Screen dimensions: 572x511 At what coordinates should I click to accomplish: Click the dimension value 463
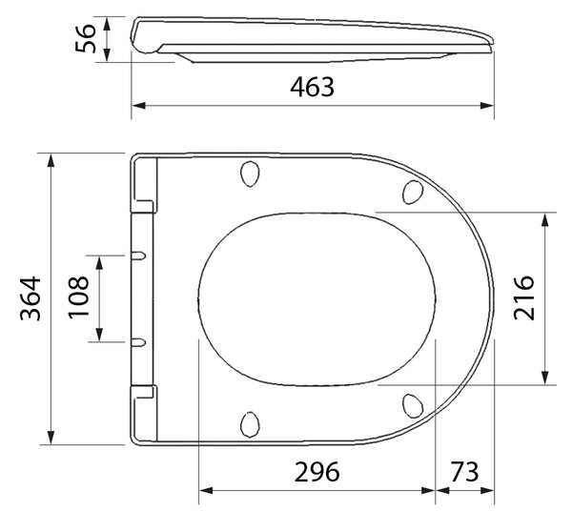[x=312, y=87]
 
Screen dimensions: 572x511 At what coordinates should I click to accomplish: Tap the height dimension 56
[x=86, y=38]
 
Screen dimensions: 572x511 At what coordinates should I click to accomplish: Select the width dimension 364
[x=31, y=298]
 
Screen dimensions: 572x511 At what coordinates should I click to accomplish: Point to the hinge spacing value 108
[x=78, y=297]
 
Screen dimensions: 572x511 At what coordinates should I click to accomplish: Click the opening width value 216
[x=523, y=298]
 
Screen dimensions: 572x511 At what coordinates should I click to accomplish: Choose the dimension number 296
[x=317, y=472]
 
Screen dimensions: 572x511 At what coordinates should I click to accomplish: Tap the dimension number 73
[x=464, y=472]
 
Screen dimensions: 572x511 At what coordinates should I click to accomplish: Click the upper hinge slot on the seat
[x=138, y=255]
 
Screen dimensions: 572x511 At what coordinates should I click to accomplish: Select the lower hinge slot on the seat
[x=138, y=342]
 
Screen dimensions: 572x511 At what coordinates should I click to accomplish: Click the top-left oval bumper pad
[x=250, y=174]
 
